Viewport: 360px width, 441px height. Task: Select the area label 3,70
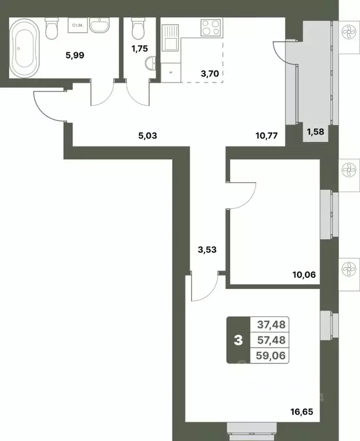pos(208,73)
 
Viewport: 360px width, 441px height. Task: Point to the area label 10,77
pos(267,136)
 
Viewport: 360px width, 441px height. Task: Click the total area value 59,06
pos(270,356)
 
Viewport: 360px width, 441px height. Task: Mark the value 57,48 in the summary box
pos(270,341)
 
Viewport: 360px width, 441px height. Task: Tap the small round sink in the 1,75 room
pos(151,64)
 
